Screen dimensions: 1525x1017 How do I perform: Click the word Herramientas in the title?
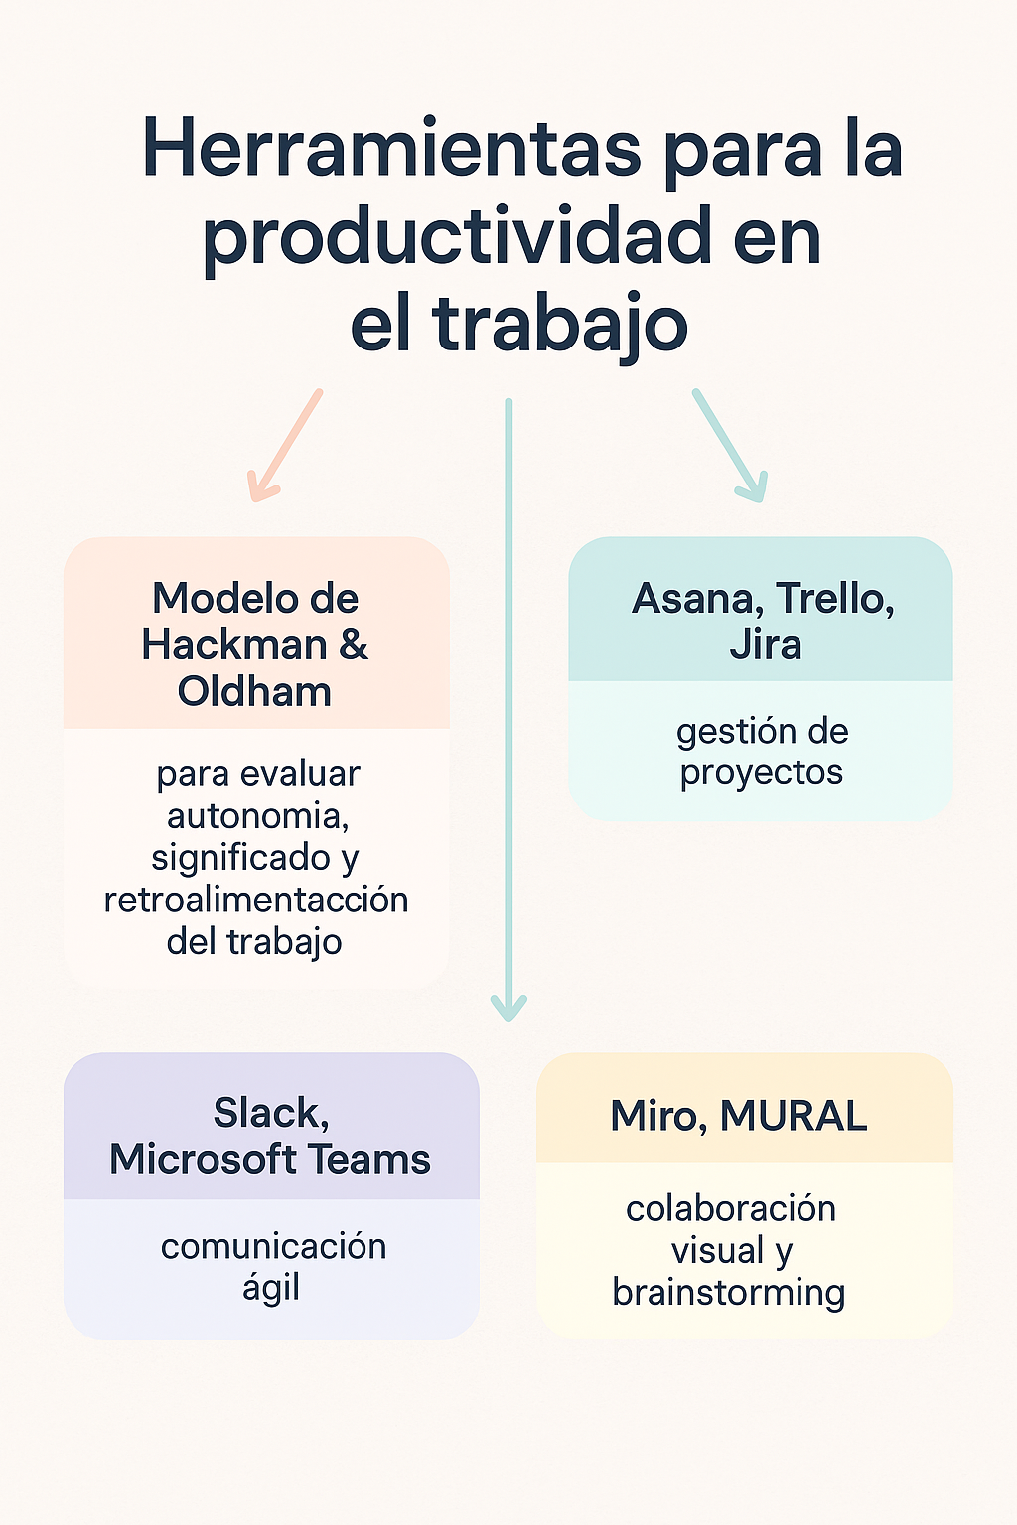tap(392, 149)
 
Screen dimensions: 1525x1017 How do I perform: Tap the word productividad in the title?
tap(457, 238)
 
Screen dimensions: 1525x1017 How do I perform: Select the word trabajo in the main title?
tap(560, 324)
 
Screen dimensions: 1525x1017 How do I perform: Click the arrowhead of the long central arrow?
tap(508, 1009)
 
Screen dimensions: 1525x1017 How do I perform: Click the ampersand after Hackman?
tap(353, 645)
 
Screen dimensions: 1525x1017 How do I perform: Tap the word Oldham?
tap(254, 692)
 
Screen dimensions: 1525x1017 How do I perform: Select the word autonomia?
tap(257, 816)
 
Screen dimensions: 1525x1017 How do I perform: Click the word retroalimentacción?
tap(256, 900)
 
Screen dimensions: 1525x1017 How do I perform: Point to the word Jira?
tap(765, 645)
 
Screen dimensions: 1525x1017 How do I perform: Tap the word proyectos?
tap(762, 773)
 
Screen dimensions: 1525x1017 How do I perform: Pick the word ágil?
tap(271, 1289)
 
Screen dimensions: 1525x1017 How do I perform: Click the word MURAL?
tap(794, 1116)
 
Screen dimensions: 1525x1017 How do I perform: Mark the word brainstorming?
tap(729, 1293)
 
